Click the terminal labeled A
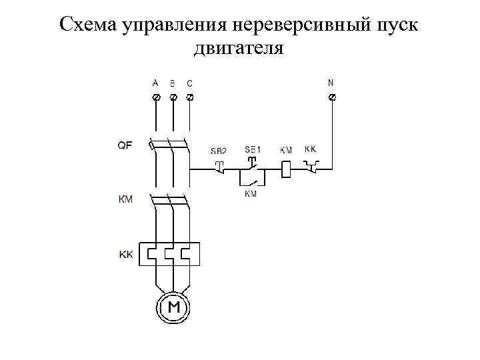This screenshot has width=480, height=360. tap(156, 97)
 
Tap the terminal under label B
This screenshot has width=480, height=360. tap(173, 97)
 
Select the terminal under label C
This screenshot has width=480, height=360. tap(189, 97)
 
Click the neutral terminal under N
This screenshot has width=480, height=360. tap(333, 97)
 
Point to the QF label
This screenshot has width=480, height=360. tap(125, 145)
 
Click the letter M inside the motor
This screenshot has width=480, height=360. tap(173, 307)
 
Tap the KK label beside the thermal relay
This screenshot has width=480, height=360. tap(126, 254)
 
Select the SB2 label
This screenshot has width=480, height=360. tap(218, 151)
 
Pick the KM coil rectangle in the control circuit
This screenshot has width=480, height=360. tap(285, 170)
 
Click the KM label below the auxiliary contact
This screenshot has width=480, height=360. tap(251, 194)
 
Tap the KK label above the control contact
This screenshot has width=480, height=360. tap(311, 149)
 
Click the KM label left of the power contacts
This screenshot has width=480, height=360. tap(125, 199)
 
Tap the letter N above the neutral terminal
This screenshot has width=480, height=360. tap(331, 83)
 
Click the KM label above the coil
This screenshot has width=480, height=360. tap(285, 151)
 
